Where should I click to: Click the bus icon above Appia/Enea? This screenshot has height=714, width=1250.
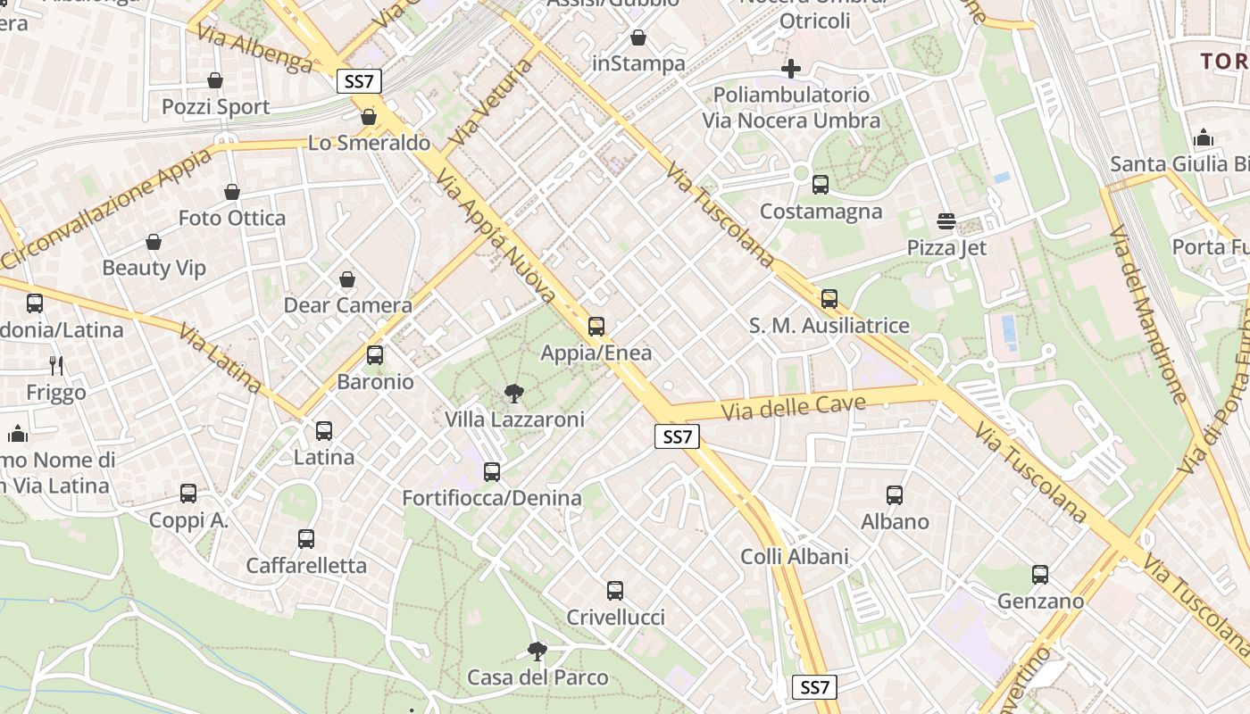[596, 327]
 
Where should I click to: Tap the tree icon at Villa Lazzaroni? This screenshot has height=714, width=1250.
[513, 393]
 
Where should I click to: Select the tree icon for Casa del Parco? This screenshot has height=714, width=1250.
[537, 651]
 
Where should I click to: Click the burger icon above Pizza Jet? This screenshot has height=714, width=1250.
[946, 220]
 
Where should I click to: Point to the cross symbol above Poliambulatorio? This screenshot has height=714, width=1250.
[790, 68]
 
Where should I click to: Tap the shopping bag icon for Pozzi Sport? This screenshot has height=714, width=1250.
[215, 80]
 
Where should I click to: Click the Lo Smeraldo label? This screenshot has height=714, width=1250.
[369, 143]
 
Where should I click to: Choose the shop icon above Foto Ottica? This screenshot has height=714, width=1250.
[232, 192]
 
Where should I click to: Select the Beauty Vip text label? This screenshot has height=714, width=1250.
[154, 268]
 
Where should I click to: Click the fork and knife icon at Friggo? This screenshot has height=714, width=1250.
[56, 365]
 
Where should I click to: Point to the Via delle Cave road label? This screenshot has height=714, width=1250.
[794, 408]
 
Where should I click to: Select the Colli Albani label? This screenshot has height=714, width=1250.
[794, 557]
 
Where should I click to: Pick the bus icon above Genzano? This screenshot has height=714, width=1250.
[1040, 575]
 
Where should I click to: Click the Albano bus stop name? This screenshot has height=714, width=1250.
[895, 521]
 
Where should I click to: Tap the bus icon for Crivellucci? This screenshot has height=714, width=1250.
[615, 590]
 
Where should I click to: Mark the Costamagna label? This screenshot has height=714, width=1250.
[821, 212]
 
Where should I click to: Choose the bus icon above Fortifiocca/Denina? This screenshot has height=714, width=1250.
[492, 472]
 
